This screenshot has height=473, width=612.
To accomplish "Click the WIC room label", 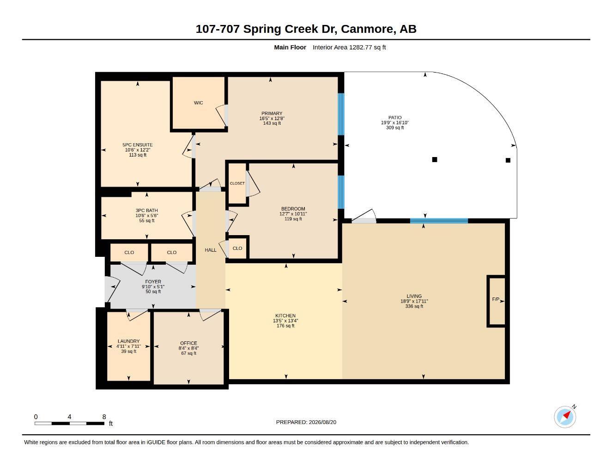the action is pyautogui.click(x=198, y=103).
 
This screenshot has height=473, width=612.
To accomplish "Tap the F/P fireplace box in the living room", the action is pyautogui.click(x=496, y=301).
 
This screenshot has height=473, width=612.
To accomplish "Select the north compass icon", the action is pyautogui.click(x=565, y=417).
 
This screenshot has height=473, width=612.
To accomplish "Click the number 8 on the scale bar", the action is pyautogui.click(x=104, y=417).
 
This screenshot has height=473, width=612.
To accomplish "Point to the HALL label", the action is pyautogui.click(x=210, y=250).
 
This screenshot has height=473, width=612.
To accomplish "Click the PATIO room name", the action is pyautogui.click(x=395, y=117).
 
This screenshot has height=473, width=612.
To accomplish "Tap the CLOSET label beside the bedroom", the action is pyautogui.click(x=237, y=183).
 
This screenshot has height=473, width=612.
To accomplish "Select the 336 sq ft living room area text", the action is pyautogui.click(x=414, y=306).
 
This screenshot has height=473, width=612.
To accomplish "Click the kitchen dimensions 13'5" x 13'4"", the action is pyautogui.click(x=285, y=321).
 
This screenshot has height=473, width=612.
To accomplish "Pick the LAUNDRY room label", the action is pyautogui.click(x=128, y=341).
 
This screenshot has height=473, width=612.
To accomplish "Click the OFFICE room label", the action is pyautogui.click(x=188, y=343).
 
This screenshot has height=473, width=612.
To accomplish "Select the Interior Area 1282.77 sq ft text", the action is pyautogui.click(x=349, y=47).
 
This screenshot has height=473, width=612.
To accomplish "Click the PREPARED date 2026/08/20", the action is pyautogui.click(x=322, y=422).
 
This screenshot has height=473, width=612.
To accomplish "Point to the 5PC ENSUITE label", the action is pyautogui.click(x=138, y=145).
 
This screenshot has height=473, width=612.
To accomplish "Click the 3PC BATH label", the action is pyautogui.click(x=146, y=211).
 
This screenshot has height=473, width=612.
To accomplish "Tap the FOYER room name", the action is pyautogui.click(x=153, y=282).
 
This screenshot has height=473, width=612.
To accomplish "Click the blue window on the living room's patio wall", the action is pyautogui.click(x=439, y=221).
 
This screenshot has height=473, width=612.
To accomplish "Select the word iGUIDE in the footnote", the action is pyautogui.click(x=156, y=443).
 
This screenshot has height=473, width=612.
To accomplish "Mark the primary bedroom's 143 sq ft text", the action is pyautogui.click(x=272, y=123).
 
